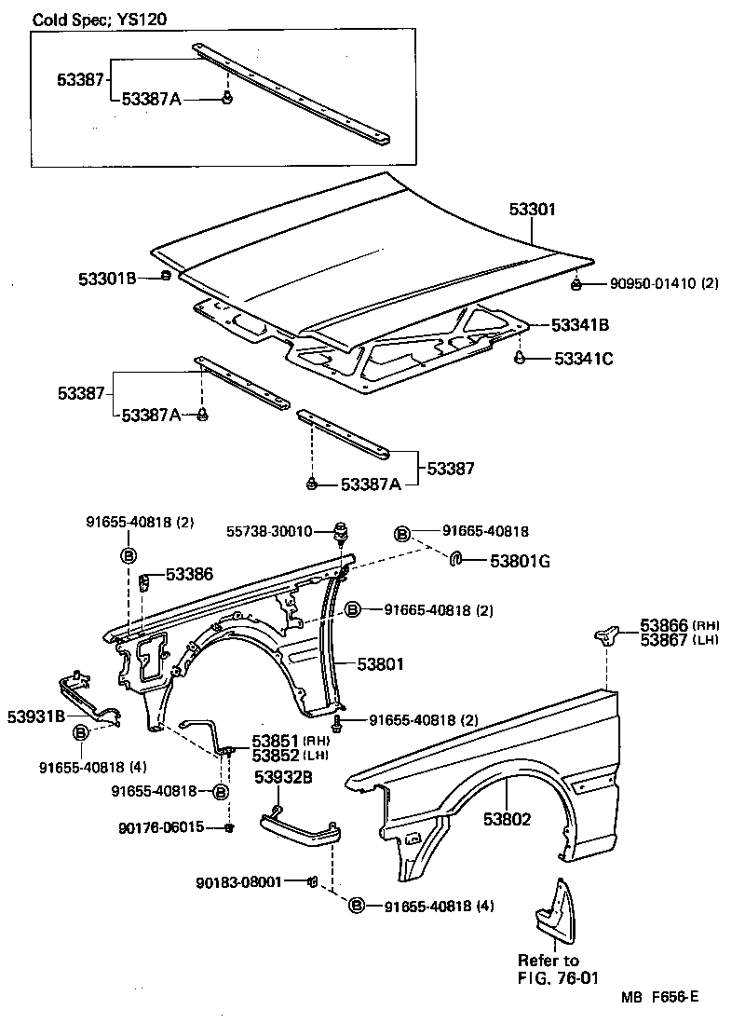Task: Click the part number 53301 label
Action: click(532, 210)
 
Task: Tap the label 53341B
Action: click(580, 325)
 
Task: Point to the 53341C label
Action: click(584, 358)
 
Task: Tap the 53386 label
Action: click(189, 575)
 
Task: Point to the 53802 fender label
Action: click(508, 820)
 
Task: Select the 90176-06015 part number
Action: click(161, 826)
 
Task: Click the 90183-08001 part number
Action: click(238, 881)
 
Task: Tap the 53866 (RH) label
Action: click(680, 625)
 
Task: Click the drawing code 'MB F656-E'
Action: click(661, 997)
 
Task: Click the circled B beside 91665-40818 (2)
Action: click(354, 610)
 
